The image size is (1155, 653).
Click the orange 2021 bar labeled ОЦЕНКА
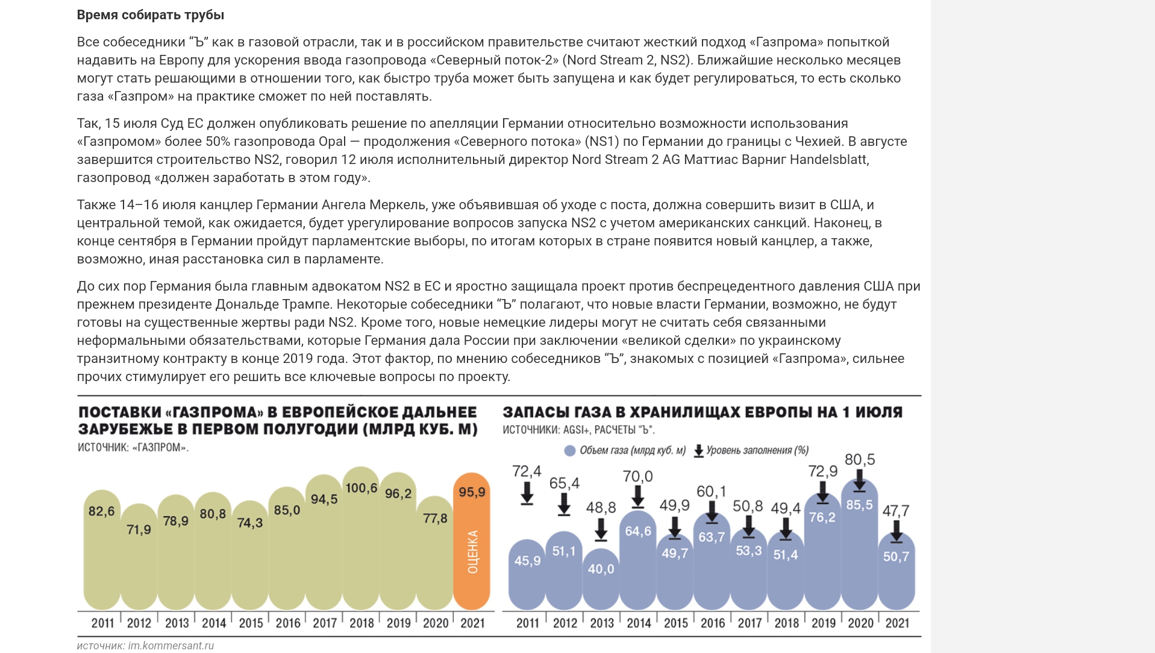[472, 541]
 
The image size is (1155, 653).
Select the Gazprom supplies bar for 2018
[361, 538]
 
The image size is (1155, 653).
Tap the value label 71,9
[139, 529]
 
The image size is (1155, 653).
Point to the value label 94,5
[324, 499]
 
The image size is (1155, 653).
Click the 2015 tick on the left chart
[251, 623]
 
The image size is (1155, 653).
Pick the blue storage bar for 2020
[860, 544]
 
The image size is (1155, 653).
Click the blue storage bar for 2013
[601, 579]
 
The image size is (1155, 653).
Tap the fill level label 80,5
[860, 459]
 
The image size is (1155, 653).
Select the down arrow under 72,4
[527, 493]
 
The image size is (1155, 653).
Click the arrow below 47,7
[897, 531]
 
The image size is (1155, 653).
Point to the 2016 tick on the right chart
[713, 623]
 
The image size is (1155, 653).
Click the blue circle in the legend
[569, 451]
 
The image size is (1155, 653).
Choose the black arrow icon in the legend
[699, 451]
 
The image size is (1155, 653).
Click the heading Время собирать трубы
[151, 15]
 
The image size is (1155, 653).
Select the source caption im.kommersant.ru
[171, 646]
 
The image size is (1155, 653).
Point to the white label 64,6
[638, 531]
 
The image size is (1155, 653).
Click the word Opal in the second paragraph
[333, 142]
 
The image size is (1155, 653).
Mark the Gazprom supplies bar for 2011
[102, 550]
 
